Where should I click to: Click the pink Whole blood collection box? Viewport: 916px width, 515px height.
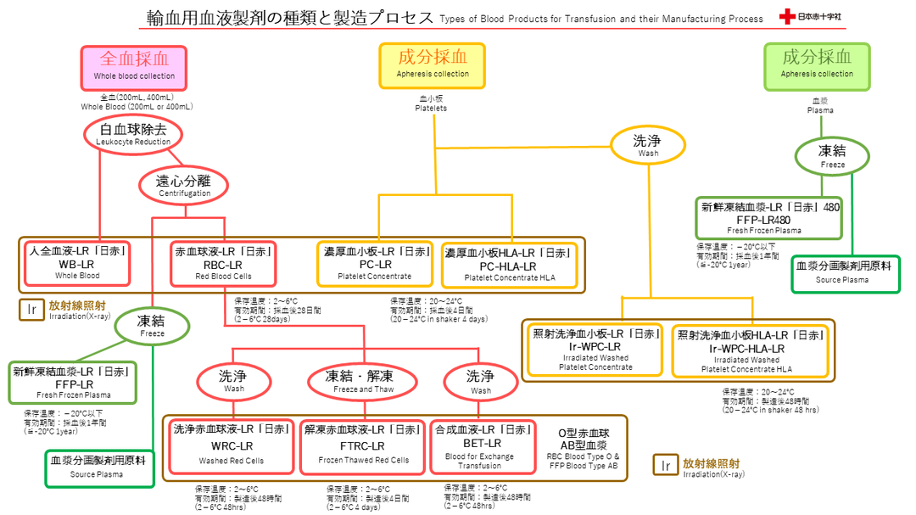pos(134,66)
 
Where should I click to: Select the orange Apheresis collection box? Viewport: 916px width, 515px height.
pos(433,65)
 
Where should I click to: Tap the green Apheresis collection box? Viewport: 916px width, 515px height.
pos(817,65)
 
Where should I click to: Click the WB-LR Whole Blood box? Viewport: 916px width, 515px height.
pos(77,264)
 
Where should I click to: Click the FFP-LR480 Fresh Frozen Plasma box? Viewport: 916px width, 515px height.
pos(769,218)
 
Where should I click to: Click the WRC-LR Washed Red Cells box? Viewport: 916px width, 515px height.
pos(232,446)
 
